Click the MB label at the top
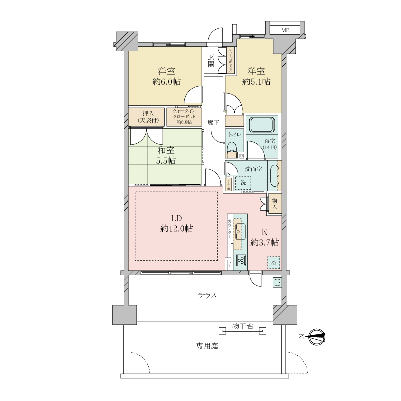[285, 31]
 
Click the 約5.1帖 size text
[256, 82]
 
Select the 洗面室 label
[253, 169]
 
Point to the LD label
[176, 218]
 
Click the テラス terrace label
[207, 295]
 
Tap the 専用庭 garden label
[208, 346]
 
